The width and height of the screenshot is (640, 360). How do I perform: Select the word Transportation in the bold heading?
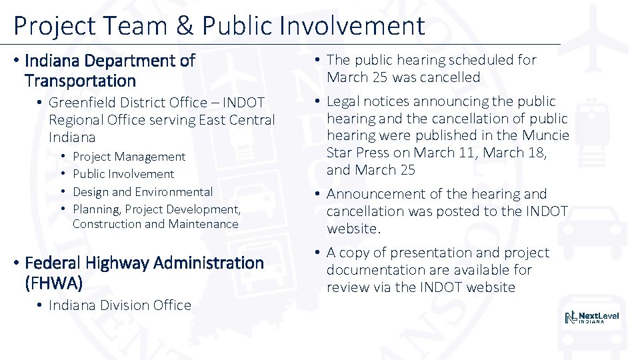click(x=80, y=81)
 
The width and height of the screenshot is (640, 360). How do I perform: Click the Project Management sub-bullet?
click(x=129, y=157)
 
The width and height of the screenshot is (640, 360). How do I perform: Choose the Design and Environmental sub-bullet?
click(x=143, y=192)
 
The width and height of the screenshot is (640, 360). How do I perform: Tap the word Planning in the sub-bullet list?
click(x=97, y=209)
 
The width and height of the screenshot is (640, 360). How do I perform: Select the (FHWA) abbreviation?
click(x=53, y=283)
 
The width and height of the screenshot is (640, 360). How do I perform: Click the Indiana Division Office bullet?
click(x=119, y=305)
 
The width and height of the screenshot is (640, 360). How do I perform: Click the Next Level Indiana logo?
click(x=591, y=317)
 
